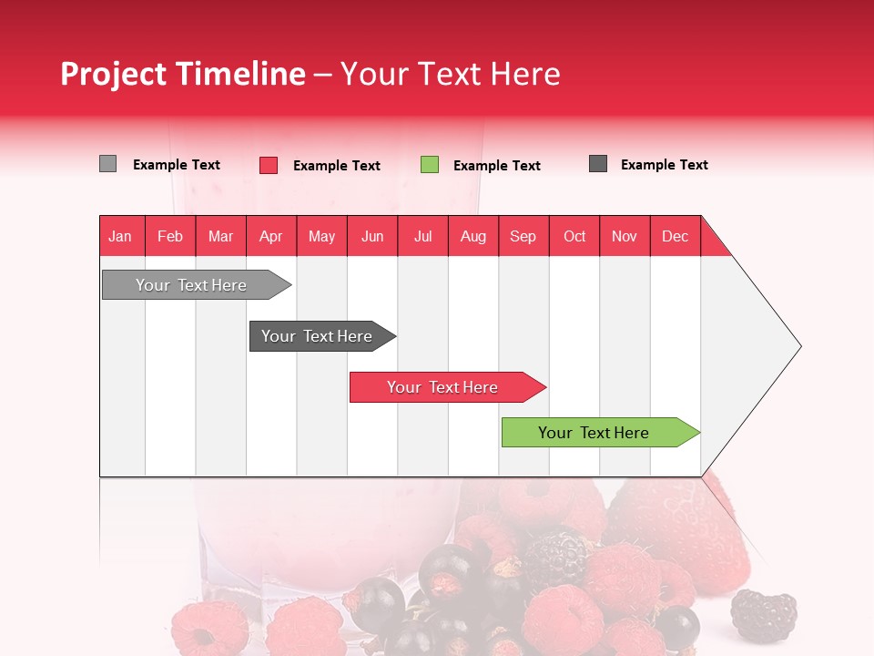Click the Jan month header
point(121,236)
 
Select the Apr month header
point(271,236)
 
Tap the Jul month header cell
point(422,236)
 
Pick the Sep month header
point(523,236)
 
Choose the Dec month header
point(675,236)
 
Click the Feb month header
point(170,236)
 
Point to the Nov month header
point(625,236)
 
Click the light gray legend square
point(107,164)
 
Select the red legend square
point(269,165)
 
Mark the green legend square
point(430,165)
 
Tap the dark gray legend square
point(598,164)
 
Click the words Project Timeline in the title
point(183,74)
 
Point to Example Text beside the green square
point(497,166)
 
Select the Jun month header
point(372,236)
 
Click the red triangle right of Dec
point(712,242)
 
